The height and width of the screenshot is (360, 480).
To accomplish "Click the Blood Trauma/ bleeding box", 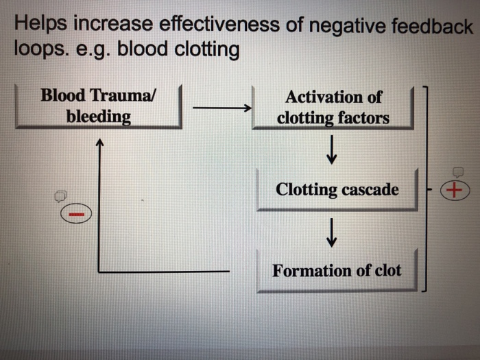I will point(98,106).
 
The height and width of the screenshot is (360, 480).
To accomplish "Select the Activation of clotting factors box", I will point(333,108).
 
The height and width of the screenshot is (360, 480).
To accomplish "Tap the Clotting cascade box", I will point(337,189).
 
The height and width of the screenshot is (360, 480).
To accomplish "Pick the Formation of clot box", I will point(337,270).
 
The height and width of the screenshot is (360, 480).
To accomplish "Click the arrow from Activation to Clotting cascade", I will point(332,149).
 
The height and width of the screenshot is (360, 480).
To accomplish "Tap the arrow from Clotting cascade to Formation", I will point(332,231).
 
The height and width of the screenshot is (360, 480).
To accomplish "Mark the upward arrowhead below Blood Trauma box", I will point(100,143).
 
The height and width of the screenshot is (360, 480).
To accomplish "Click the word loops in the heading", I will point(37,50).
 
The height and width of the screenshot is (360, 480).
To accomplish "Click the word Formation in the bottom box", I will point(312,270).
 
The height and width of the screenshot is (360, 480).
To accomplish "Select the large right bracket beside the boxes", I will point(427,189).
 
